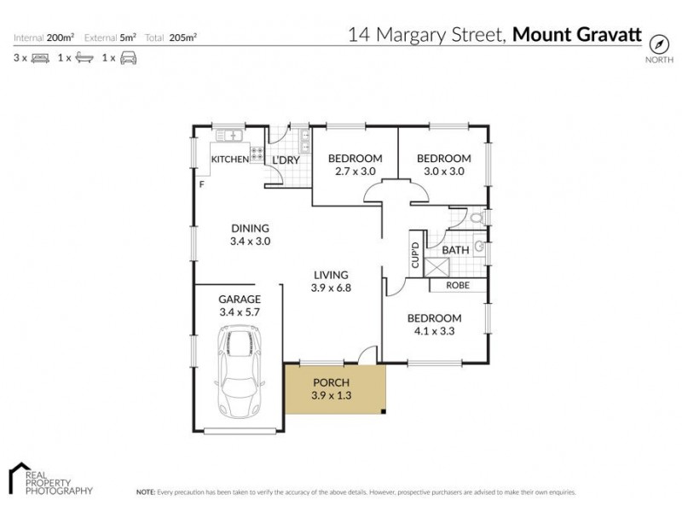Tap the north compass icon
(x=657, y=44)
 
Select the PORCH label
(x=332, y=381)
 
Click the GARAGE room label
(x=240, y=299)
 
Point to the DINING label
(x=250, y=228)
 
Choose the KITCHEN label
(x=229, y=160)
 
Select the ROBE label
(x=465, y=285)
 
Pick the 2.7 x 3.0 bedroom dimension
(x=355, y=172)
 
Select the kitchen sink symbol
(x=230, y=134)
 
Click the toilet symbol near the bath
(x=477, y=219)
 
